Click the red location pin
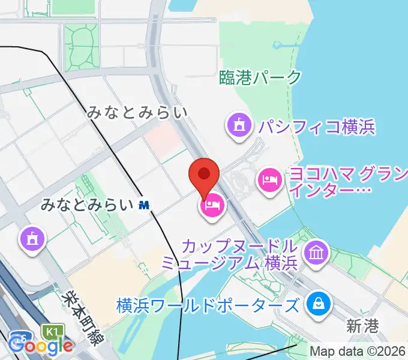[204, 175]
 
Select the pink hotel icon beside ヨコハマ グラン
[269, 179]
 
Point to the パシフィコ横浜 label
[316, 127]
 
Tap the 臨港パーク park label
[259, 77]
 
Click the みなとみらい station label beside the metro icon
[87, 205]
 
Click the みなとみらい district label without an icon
[137, 112]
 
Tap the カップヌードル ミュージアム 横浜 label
[229, 254]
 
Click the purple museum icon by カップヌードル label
[315, 252]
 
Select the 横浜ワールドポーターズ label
[208, 305]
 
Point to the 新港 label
[362, 326]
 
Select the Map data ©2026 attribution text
[358, 352]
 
